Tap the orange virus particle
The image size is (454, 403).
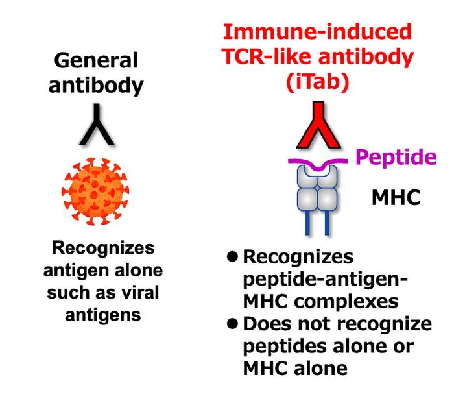pyautogui.click(x=95, y=191)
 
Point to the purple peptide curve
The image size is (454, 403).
pyautogui.click(x=318, y=164)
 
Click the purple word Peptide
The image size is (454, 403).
pyautogui.click(x=396, y=157)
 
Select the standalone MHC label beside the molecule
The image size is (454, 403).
pyautogui.click(x=396, y=197)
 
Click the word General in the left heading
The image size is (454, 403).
pyautogui.click(x=96, y=60)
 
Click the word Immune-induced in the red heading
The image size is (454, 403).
pyautogui.click(x=317, y=31)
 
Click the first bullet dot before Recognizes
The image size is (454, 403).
pyautogui.click(x=232, y=256)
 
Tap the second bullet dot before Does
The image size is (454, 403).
pyautogui.click(x=232, y=324)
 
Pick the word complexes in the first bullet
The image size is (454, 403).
pyautogui.click(x=346, y=302)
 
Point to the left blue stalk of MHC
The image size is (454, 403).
pyautogui.click(x=308, y=223)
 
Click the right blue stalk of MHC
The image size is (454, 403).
pyautogui.click(x=327, y=223)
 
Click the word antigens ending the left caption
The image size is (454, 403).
pyautogui.click(x=103, y=315)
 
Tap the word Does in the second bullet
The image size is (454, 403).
pyautogui.click(x=268, y=324)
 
